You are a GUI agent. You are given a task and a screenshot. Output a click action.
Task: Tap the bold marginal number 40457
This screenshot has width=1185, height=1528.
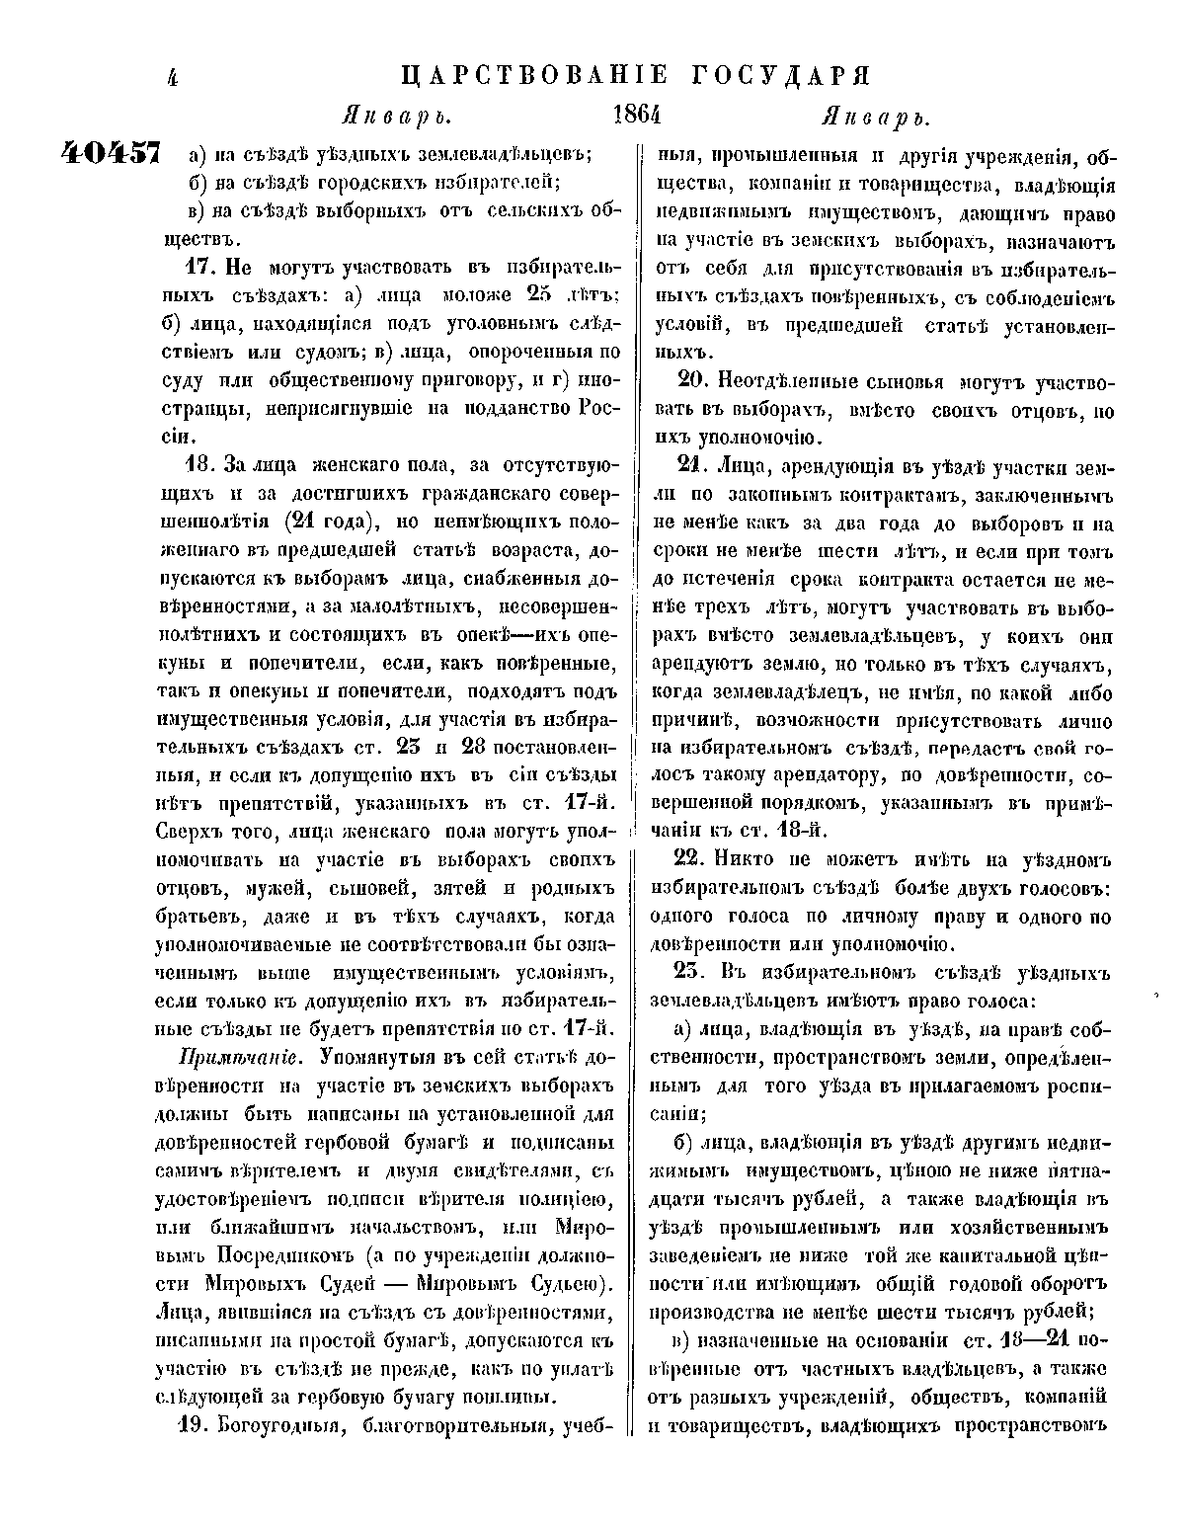point(111,152)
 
